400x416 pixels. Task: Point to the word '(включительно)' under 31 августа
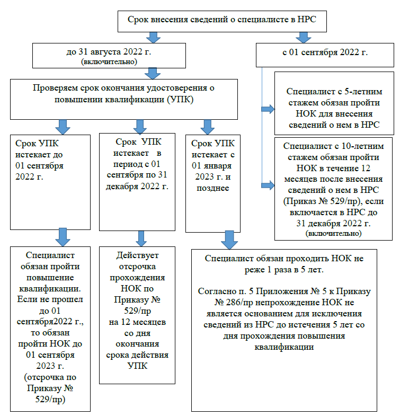(109, 62)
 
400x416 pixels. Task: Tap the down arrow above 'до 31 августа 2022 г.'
(154, 37)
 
